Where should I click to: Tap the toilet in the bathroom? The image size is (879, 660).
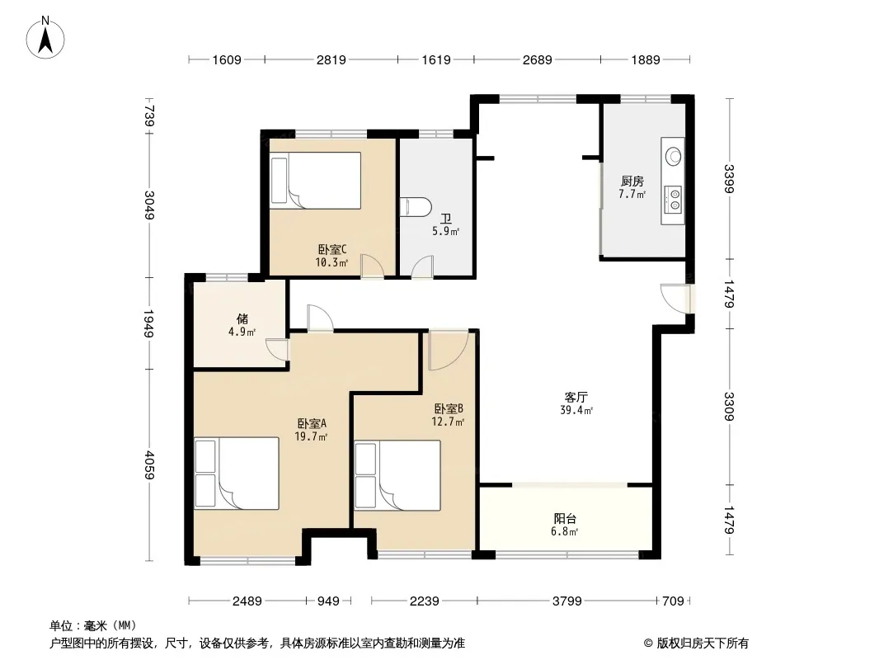pyautogui.click(x=416, y=206)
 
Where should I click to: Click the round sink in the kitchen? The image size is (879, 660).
pyautogui.click(x=673, y=154)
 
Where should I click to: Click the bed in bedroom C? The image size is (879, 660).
pyautogui.click(x=316, y=181)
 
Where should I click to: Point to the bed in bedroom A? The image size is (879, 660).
pyautogui.click(x=237, y=474)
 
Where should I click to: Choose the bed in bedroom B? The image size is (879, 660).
pyautogui.click(x=397, y=475)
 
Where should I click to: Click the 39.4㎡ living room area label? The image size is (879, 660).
pyautogui.click(x=576, y=411)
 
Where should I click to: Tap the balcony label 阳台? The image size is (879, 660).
pyautogui.click(x=565, y=519)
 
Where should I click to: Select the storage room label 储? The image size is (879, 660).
pyautogui.click(x=242, y=319)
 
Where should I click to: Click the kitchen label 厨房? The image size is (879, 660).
pyautogui.click(x=632, y=181)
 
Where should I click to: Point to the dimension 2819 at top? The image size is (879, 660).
pyautogui.click(x=331, y=59)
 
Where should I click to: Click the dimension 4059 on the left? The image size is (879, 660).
pyautogui.click(x=149, y=464)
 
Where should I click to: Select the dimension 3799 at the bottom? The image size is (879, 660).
pyautogui.click(x=566, y=601)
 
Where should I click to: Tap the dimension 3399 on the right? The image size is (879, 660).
pyautogui.click(x=729, y=178)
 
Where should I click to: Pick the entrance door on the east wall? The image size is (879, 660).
pyautogui.click(x=677, y=299)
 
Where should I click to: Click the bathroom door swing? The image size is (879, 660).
pyautogui.click(x=423, y=266)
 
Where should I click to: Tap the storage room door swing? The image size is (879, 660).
pyautogui.click(x=277, y=349)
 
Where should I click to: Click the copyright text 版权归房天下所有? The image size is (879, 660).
pyautogui.click(x=703, y=643)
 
